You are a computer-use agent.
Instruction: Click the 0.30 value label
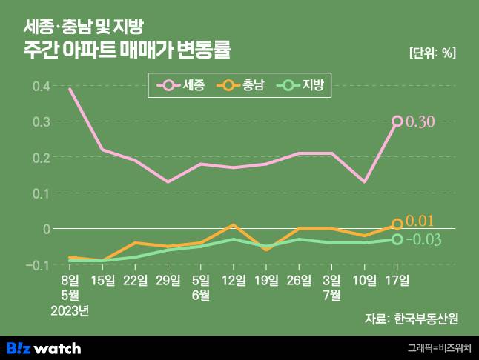pos(420,122)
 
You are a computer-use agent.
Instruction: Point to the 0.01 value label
pos(420,221)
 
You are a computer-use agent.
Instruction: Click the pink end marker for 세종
pos(397,121)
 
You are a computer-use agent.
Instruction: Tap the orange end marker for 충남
pos(397,224)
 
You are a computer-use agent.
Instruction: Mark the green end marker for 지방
pos(397,239)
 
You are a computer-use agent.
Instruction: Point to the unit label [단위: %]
pos(432,53)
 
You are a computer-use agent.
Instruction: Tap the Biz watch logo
pos(44,347)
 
